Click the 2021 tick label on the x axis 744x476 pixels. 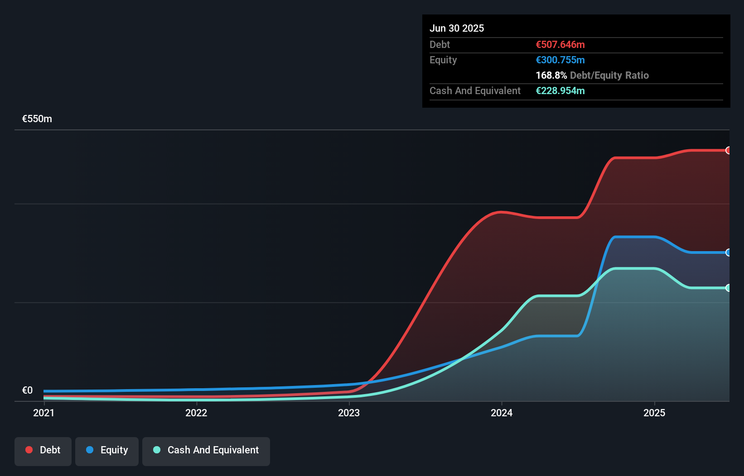click(43, 413)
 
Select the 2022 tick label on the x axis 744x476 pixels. click(196, 413)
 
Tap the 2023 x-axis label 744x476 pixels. click(349, 413)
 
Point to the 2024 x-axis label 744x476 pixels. click(502, 413)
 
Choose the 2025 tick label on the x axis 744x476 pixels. click(654, 413)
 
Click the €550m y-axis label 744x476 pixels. click(37, 119)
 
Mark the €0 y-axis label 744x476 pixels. click(27, 390)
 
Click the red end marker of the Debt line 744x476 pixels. click(728, 150)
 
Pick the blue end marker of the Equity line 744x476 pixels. click(728, 252)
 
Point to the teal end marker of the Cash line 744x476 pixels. click(728, 288)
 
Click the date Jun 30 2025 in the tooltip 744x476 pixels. click(457, 28)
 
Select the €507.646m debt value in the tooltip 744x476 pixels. click(560, 44)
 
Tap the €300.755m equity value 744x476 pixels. click(560, 60)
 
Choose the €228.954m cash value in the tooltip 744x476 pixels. click(560, 90)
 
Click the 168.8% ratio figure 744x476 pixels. click(551, 75)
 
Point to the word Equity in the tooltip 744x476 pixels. click(443, 60)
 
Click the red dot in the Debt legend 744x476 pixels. click(29, 450)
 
